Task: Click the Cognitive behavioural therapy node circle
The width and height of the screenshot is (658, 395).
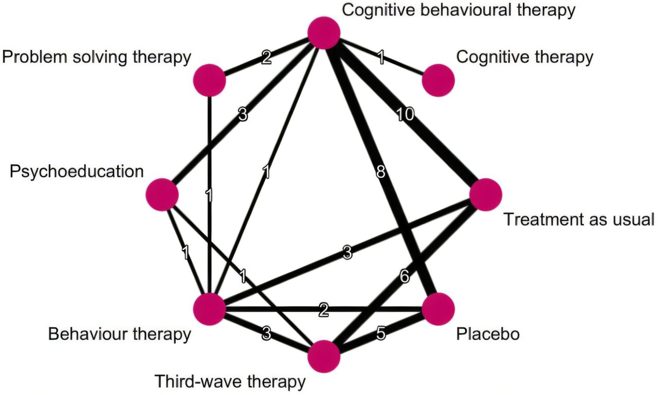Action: [324, 33]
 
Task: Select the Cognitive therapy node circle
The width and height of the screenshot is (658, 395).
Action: [438, 81]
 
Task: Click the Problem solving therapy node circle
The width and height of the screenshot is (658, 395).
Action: [210, 81]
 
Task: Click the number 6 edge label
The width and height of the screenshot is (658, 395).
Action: [404, 277]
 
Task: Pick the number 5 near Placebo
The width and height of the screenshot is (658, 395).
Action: [380, 334]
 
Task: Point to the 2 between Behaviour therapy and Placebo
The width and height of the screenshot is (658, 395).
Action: [323, 310]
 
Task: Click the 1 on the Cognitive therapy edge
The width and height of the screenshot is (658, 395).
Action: [380, 57]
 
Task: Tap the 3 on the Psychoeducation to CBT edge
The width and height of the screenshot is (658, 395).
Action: [243, 115]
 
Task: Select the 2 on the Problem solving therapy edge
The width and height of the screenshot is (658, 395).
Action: [266, 58]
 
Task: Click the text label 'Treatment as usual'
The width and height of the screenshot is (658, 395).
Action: [578, 220]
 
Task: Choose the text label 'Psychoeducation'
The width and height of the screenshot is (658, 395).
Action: [77, 171]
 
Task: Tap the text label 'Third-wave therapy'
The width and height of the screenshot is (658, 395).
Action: [230, 382]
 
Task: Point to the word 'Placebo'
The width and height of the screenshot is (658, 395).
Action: [488, 334]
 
